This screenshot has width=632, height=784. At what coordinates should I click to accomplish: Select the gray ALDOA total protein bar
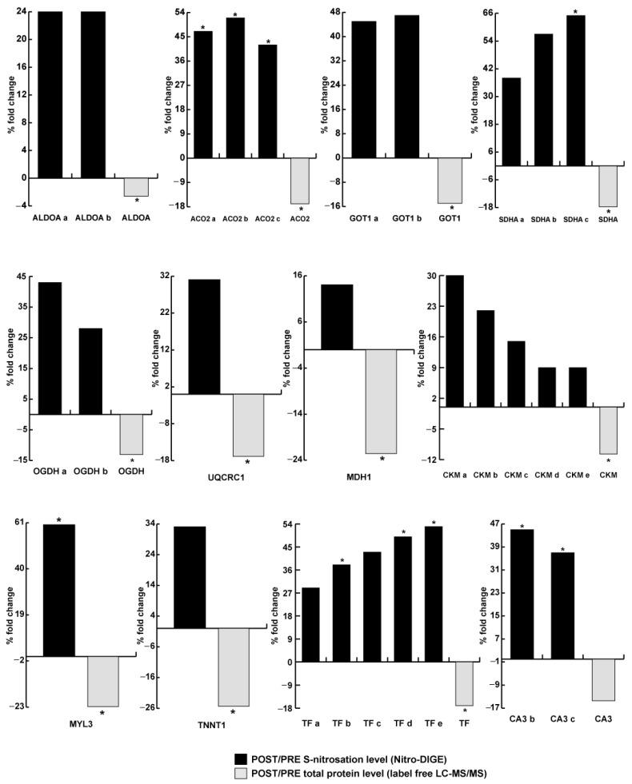pyautogui.click(x=136, y=187)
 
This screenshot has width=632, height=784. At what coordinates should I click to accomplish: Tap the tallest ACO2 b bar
pyautogui.click(x=235, y=88)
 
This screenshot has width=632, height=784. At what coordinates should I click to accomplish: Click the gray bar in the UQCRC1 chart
pyautogui.click(x=248, y=425)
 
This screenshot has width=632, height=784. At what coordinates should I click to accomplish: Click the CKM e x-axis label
pyautogui.click(x=578, y=476)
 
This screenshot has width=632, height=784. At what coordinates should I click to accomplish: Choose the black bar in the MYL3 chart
pyautogui.click(x=58, y=591)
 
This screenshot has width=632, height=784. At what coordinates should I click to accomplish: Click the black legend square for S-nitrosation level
pyautogui.click(x=240, y=758)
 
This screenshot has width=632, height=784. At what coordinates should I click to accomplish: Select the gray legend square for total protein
pyautogui.click(x=240, y=773)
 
